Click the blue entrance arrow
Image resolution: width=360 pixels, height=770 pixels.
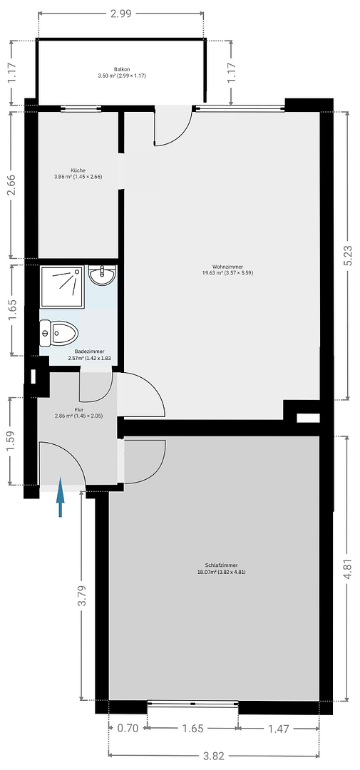pyautogui.click(x=60, y=497)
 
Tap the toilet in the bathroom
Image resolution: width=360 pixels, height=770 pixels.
pyautogui.click(x=59, y=333)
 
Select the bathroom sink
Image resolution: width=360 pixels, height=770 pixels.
pyautogui.click(x=102, y=274)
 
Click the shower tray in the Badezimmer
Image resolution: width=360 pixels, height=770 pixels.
pyautogui.click(x=62, y=287)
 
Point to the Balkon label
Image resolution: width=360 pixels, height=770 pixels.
pyautogui.click(x=123, y=73)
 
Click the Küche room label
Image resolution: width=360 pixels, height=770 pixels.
pyautogui.click(x=78, y=173)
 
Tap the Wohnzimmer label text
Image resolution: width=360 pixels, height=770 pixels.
pyautogui.click(x=228, y=269)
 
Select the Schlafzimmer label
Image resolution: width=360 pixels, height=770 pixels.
pyautogui.click(x=222, y=568)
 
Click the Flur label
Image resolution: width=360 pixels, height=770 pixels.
pyautogui.click(x=78, y=413)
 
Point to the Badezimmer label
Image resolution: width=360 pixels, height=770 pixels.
pyautogui.click(x=89, y=355)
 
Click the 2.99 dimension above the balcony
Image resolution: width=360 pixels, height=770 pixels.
pyautogui.click(x=120, y=14)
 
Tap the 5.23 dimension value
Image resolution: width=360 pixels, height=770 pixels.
pyautogui.click(x=348, y=255)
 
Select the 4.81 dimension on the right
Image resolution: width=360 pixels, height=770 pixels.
pyautogui.click(x=348, y=570)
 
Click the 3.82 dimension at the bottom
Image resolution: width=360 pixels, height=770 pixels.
pyautogui.click(x=214, y=756)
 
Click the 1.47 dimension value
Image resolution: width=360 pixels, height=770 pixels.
pyautogui.click(x=279, y=729)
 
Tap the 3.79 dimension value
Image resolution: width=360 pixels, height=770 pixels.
pyautogui.click(x=83, y=595)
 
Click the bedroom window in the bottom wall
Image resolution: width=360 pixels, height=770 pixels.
pyautogui.click(x=192, y=704)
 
